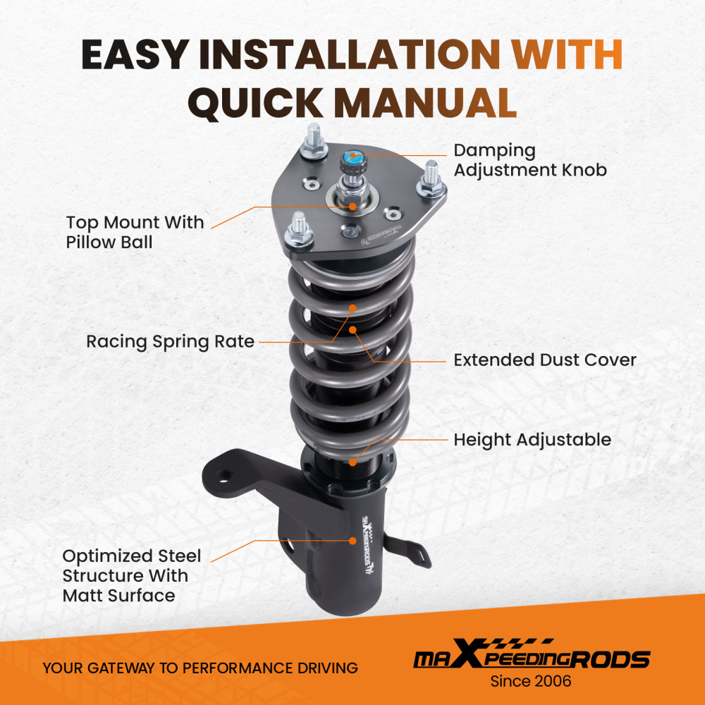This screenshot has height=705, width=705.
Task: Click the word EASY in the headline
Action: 135,54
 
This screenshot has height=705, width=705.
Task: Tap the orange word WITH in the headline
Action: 568,54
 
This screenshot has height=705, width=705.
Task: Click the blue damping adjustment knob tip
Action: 353,157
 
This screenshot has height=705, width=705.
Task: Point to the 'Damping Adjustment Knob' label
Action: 530,160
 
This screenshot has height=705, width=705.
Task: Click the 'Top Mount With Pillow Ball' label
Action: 135,232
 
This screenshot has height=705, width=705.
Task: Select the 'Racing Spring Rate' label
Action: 171,342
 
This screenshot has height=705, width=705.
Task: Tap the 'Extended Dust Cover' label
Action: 545,360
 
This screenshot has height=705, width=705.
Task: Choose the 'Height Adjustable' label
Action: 532,439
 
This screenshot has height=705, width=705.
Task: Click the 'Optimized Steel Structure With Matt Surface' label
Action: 132,575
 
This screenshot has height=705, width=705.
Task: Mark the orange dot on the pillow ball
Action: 353,207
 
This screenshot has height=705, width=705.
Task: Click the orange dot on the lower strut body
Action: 353,541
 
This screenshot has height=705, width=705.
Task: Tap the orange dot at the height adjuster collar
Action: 353,462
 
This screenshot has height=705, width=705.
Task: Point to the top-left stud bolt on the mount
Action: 314,140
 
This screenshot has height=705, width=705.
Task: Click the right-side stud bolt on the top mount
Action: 431,179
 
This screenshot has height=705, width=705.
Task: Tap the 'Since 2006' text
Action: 531,681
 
